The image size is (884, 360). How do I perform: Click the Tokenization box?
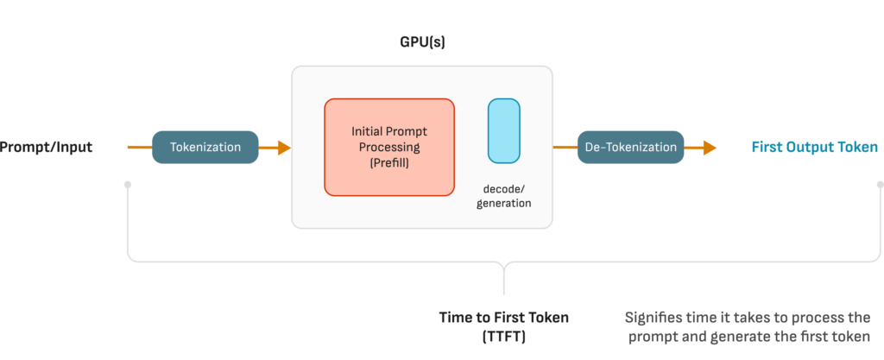coord(205,148)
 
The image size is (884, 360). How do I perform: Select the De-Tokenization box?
coord(630,148)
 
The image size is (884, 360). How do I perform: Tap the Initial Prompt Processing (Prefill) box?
coord(389,148)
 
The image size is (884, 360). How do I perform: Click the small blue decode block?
coord(504,131)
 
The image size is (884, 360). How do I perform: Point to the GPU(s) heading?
coord(421,42)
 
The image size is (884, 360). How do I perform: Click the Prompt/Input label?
coord(45,148)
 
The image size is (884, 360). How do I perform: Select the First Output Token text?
coord(815,148)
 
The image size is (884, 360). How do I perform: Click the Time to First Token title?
coord(504,317)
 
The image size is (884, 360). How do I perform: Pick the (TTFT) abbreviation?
coord(504,338)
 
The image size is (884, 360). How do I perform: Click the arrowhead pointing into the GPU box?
coord(284,148)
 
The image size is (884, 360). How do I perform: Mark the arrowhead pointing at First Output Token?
coord(710,148)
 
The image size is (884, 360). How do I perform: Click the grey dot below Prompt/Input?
coord(128,184)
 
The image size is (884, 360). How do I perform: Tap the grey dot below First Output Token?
coord(880,184)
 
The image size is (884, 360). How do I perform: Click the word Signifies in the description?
coord(651,318)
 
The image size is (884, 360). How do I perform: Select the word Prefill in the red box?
coord(389,164)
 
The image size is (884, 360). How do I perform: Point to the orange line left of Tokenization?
coord(140,148)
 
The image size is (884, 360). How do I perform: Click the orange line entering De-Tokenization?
coord(565,148)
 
